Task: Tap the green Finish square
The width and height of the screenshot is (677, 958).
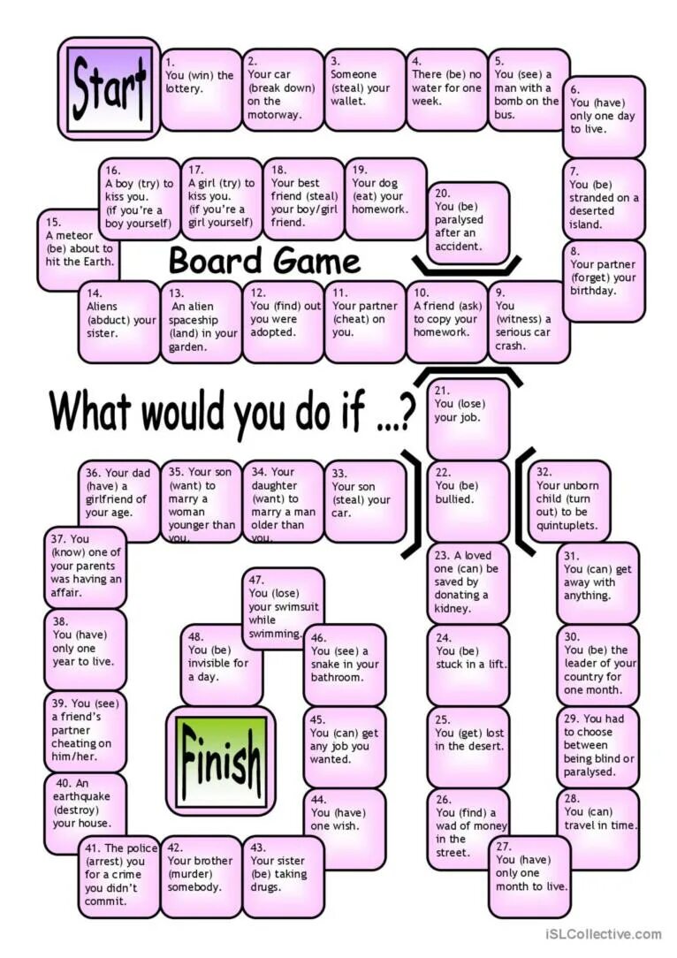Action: point(220,749)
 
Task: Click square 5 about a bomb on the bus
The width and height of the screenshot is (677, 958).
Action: point(528,88)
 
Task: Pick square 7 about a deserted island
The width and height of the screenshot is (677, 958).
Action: point(604,199)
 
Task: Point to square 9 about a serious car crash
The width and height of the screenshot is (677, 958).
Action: point(528,320)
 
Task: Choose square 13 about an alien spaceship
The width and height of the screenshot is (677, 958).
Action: point(202,322)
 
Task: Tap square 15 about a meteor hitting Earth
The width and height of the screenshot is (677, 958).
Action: point(78,250)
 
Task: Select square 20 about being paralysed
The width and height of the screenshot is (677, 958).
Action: point(468,224)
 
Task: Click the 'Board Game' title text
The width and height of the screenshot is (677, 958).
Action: point(264,262)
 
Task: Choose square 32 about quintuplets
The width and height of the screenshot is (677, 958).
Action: point(569,500)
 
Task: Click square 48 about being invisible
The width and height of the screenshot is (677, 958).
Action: point(220,664)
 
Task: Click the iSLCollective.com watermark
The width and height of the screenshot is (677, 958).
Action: point(604,934)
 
